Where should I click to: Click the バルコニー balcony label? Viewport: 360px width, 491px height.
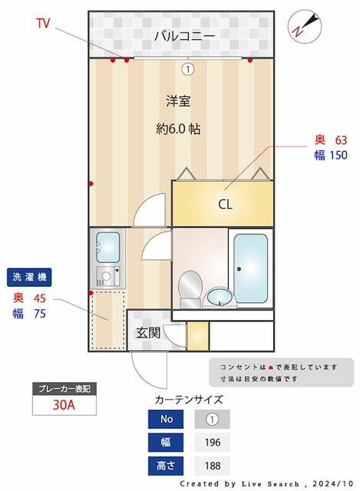pyautogui.click(x=183, y=35)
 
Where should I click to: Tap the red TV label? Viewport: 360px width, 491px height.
pyautogui.click(x=43, y=24)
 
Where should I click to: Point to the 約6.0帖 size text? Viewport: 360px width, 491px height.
pyautogui.click(x=178, y=129)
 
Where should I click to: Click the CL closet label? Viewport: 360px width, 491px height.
pyautogui.click(x=225, y=204)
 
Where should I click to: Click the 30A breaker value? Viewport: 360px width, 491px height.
pyautogui.click(x=64, y=405)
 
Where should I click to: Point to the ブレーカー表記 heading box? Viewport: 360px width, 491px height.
pyautogui.click(x=64, y=389)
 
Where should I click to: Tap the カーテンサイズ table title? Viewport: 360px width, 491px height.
pyautogui.click(x=189, y=400)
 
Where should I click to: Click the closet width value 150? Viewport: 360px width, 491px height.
pyautogui.click(x=339, y=155)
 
